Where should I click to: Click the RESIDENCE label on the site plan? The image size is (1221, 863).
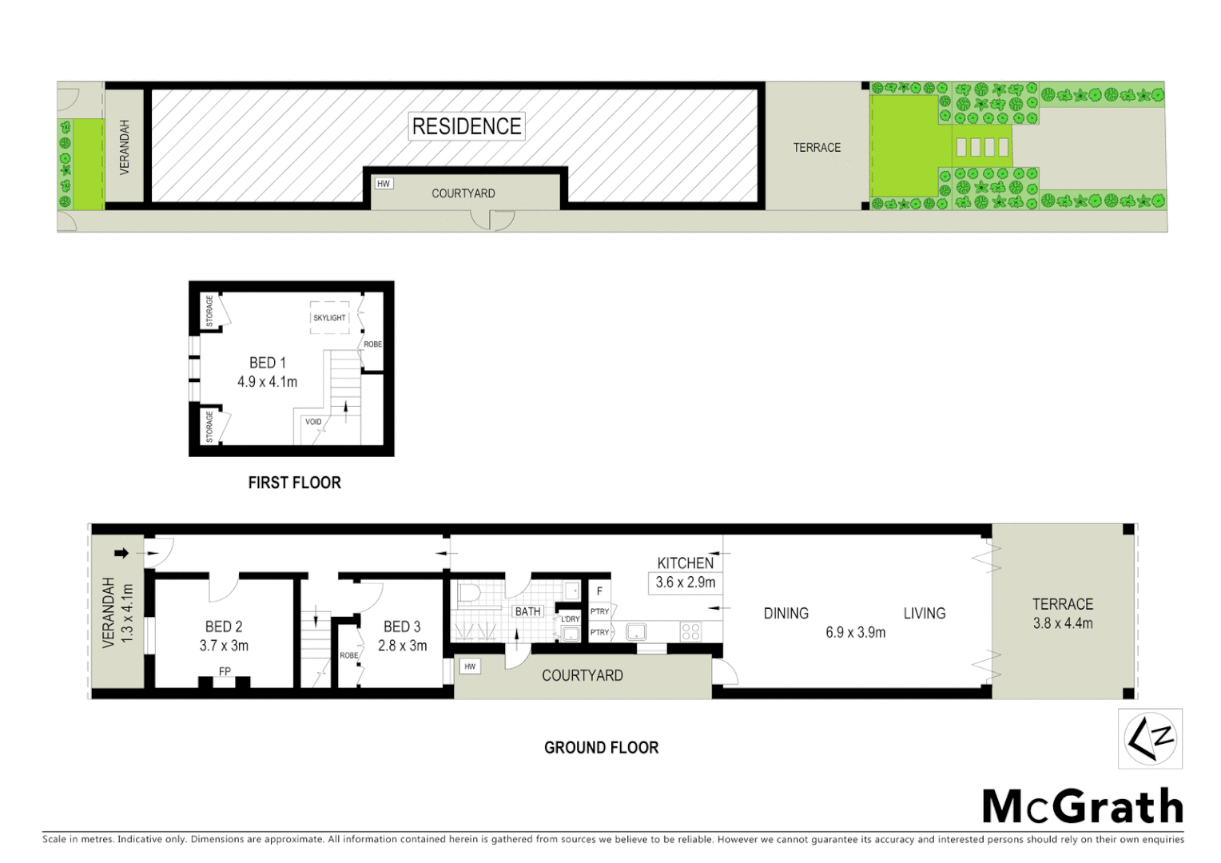coord(467,126)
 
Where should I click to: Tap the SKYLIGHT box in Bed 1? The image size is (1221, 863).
coord(329,317)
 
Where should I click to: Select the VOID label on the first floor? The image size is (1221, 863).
coord(313,422)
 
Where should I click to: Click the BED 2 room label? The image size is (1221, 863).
coord(224,626)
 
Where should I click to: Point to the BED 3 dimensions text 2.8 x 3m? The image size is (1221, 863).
coord(403,646)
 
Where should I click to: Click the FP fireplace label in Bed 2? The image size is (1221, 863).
coord(225,671)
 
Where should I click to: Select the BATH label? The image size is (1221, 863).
coord(527,611)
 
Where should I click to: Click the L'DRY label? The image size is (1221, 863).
coord(570,619)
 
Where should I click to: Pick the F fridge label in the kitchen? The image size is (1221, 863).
coord(599,591)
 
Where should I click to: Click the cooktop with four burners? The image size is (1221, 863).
coord(691,632)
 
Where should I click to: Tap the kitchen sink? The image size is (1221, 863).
coord(636,632)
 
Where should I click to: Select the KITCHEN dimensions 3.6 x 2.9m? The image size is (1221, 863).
coord(686,583)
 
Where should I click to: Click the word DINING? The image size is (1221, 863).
coord(786,614)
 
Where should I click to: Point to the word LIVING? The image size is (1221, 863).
coord(925,614)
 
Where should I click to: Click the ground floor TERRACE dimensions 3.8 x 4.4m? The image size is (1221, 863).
coord(1063,623)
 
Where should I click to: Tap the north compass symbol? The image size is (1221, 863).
coord(1150,739)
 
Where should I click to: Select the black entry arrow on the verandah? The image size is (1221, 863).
coord(121,553)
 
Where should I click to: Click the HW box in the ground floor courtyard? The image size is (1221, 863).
coord(470,666)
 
